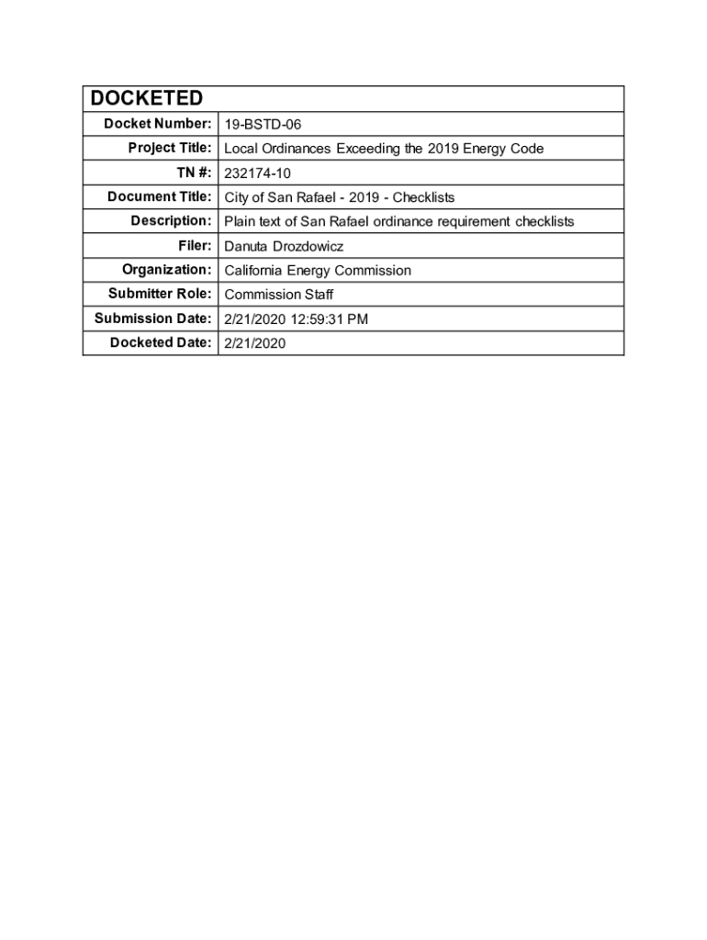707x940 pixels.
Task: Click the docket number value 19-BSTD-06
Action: pyautogui.click(x=263, y=124)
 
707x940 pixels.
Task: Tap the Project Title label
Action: pyautogui.click(x=170, y=148)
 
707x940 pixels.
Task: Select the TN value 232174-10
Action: pyautogui.click(x=258, y=173)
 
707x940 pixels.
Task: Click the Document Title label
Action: pyautogui.click(x=160, y=196)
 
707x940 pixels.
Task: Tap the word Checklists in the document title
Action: pyautogui.click(x=424, y=197)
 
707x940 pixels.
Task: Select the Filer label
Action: pyautogui.click(x=196, y=246)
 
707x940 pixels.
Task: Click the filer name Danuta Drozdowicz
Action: pyautogui.click(x=284, y=246)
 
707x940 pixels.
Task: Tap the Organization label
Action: pyautogui.click(x=167, y=270)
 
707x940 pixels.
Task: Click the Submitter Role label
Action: pyautogui.click(x=160, y=294)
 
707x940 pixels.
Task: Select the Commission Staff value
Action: pyautogui.click(x=279, y=295)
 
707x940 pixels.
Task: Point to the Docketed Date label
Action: pyautogui.click(x=161, y=342)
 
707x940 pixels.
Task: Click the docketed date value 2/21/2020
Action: pyautogui.click(x=255, y=343)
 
